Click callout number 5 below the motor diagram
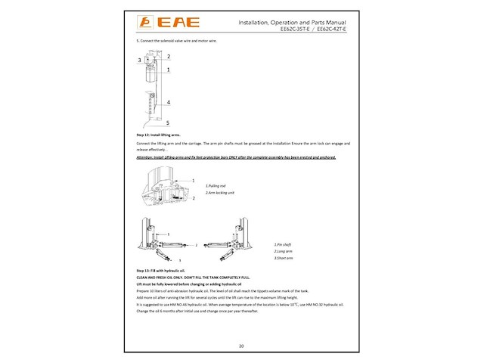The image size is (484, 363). pyautogui.click(x=168, y=123)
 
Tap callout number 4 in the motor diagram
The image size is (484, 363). pyautogui.click(x=168, y=101)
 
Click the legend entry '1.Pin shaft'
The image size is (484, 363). pyautogui.click(x=284, y=245)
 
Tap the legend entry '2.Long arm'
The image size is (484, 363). pyautogui.click(x=284, y=252)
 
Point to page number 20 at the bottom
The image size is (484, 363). pyautogui.click(x=241, y=346)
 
